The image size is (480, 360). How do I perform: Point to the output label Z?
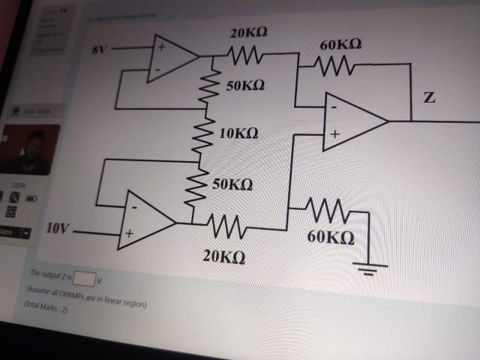(429, 98)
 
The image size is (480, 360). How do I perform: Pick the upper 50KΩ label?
(244, 85)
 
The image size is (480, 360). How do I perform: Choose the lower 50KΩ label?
(232, 184)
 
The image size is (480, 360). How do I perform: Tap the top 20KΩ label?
(248, 32)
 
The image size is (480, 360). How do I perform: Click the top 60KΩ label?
(340, 46)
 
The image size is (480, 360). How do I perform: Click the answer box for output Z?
(84, 280)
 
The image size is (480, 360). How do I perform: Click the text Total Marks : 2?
(47, 308)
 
